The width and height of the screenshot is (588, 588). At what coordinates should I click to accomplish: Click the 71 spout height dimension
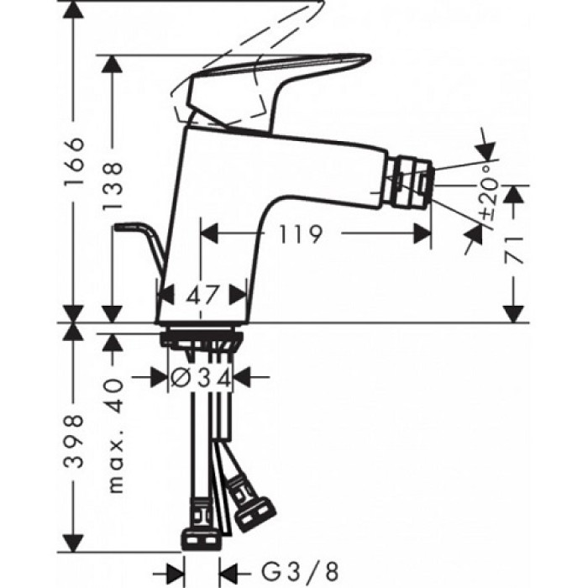click(x=515, y=249)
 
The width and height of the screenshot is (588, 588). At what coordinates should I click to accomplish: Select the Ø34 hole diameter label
click(x=201, y=379)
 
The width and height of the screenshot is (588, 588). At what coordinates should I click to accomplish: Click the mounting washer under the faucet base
click(x=202, y=339)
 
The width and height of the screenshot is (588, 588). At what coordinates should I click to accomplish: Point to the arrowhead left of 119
click(x=207, y=234)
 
